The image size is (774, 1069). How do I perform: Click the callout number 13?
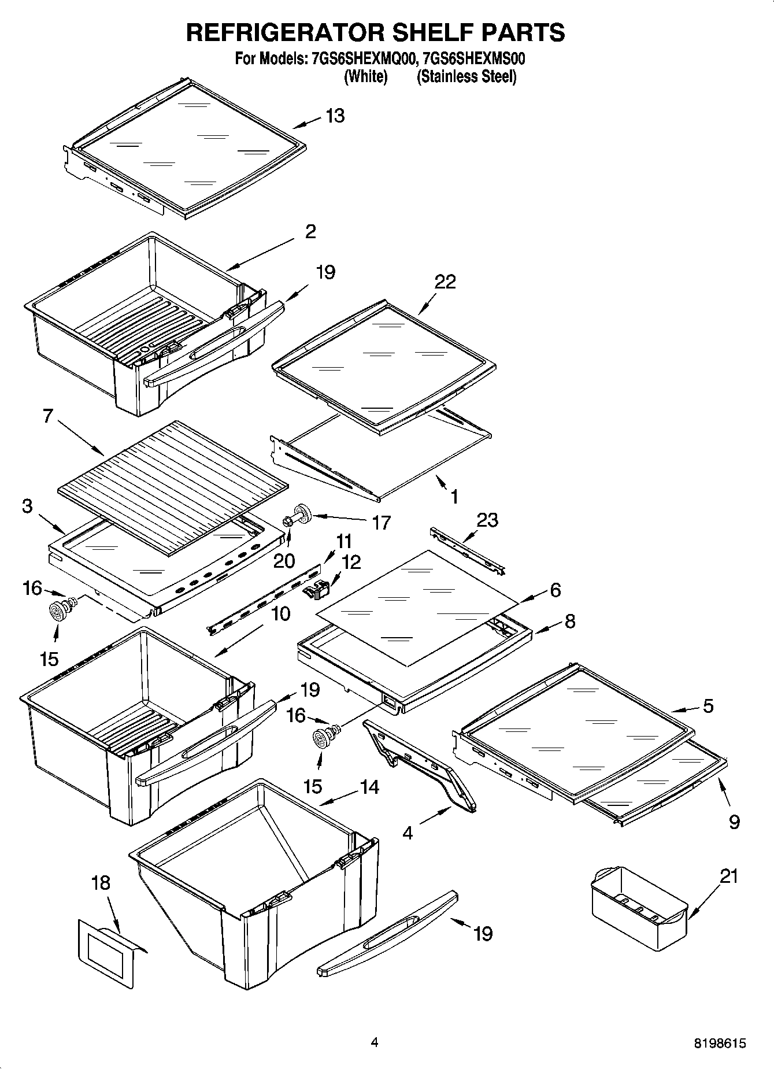tap(335, 116)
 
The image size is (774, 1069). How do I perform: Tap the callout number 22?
tap(446, 282)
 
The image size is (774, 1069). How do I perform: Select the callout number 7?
tap(48, 416)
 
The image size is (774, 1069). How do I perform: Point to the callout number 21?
tap(729, 876)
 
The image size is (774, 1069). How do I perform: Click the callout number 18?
tap(101, 883)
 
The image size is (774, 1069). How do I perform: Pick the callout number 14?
tap(369, 787)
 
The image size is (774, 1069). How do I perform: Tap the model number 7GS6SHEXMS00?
tap(474, 59)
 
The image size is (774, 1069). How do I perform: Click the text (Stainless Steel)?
tap(466, 76)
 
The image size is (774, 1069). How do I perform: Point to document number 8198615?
tap(720, 1044)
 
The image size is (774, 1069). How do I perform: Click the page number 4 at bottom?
tap(375, 1042)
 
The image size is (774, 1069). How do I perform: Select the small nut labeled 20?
tap(287, 523)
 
